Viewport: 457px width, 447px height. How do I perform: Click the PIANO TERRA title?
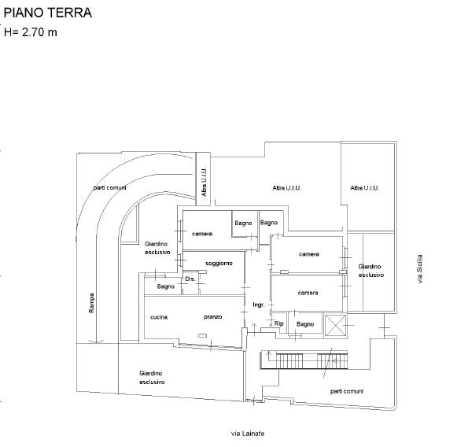pos(48,13)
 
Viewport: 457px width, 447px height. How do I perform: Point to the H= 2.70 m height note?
pos(31,32)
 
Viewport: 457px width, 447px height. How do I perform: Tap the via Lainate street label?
pos(248,434)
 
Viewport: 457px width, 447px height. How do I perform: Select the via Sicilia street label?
pos(419,269)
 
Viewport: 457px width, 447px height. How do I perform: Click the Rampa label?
pos(91,303)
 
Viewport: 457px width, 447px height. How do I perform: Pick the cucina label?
pos(159,317)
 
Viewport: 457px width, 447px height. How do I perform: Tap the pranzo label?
pos(212,317)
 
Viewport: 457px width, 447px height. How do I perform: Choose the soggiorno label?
pos(219,264)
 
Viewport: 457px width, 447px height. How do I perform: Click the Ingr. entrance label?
pos(259,305)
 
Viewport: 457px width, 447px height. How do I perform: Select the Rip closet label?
pos(279,323)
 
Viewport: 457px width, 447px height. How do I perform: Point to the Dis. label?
pos(190,279)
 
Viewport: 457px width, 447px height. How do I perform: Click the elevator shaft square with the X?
pos(335,325)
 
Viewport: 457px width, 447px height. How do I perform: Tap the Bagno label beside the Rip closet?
pos(305,324)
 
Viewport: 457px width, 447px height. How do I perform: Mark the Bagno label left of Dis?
pos(165,286)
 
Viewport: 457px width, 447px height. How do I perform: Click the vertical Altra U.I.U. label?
pos(204,182)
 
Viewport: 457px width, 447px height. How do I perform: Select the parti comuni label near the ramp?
pos(109,188)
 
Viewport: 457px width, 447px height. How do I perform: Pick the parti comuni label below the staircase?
pos(347,391)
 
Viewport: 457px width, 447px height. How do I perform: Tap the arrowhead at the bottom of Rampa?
pos(96,342)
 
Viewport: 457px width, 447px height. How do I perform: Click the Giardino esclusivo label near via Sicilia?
pos(371,271)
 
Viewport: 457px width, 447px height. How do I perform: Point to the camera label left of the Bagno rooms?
pos(202,234)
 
